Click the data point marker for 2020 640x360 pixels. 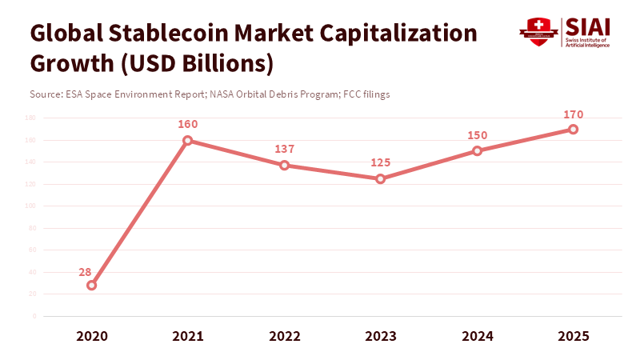[x=91, y=285]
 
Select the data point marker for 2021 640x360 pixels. [x=188, y=141]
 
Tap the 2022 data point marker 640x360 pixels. [x=284, y=166]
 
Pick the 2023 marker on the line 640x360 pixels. [x=381, y=178]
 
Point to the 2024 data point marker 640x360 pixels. [x=477, y=150]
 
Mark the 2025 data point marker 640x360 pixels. [x=574, y=129]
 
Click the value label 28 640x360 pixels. [x=85, y=271]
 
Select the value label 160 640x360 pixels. [x=188, y=125]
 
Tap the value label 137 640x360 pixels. [x=284, y=150]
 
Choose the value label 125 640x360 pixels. [x=381, y=162]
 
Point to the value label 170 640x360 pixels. [x=574, y=114]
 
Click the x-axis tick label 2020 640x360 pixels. [x=91, y=336]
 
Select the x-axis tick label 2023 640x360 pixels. [x=381, y=336]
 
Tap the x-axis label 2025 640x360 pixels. [x=574, y=336]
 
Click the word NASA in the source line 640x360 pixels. [x=223, y=94]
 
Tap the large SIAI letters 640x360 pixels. [x=588, y=26]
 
